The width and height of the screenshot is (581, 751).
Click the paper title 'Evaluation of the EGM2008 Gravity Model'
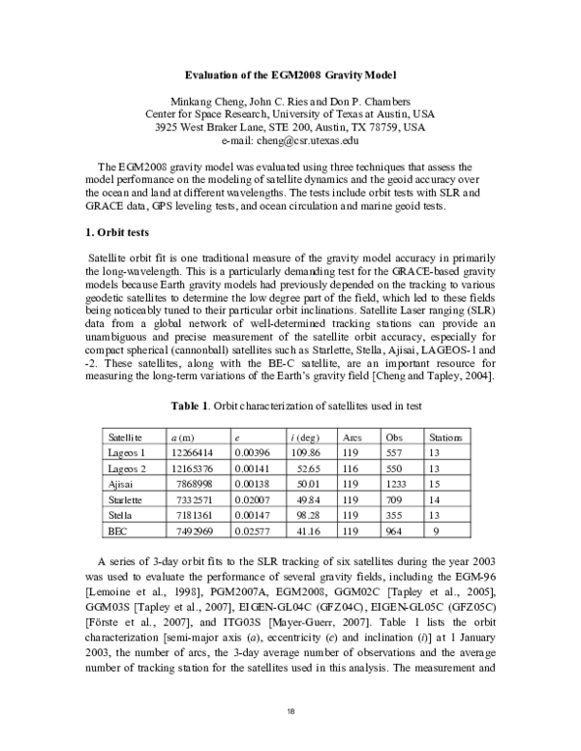tap(290, 75)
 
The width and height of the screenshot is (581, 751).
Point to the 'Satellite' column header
tap(126, 437)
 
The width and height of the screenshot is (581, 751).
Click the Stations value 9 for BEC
tap(437, 531)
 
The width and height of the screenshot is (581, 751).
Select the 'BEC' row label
tap(118, 531)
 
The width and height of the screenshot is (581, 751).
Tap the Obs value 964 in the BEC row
tap(395, 531)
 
